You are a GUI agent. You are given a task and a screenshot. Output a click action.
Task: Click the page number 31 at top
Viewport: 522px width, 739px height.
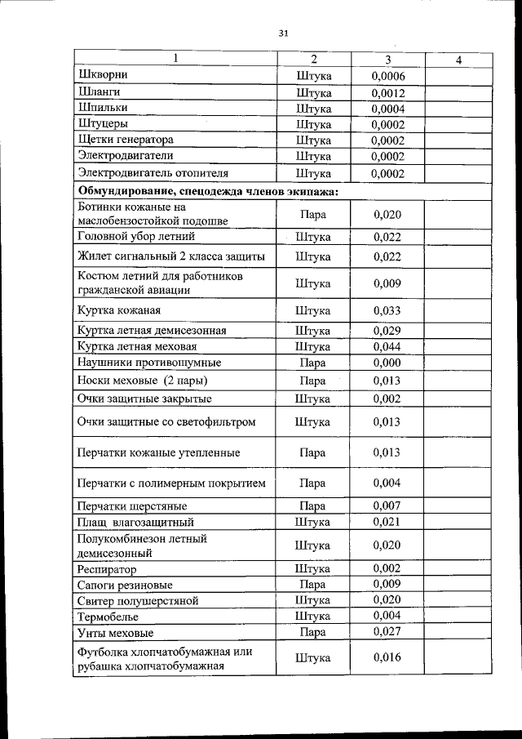click(284, 33)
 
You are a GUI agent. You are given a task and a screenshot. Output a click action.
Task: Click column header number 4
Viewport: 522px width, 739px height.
click(459, 60)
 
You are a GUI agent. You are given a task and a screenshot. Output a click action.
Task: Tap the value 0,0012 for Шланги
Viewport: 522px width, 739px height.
click(387, 92)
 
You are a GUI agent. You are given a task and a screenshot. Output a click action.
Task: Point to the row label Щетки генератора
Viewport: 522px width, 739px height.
click(126, 140)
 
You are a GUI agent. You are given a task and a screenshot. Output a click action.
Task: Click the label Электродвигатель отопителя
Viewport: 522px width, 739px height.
click(153, 173)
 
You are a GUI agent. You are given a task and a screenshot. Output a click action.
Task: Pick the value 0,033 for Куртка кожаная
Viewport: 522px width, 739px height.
click(387, 311)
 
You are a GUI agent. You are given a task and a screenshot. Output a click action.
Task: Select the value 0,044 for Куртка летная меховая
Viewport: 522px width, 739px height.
click(387, 347)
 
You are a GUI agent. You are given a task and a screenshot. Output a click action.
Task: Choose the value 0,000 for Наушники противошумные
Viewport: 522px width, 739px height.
click(387, 362)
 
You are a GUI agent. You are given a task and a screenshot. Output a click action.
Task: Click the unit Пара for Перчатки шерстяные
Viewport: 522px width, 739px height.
click(313, 506)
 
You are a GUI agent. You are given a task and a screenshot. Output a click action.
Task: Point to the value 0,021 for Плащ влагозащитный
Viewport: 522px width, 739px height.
click(387, 521)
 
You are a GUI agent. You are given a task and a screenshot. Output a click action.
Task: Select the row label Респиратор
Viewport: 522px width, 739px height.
click(107, 569)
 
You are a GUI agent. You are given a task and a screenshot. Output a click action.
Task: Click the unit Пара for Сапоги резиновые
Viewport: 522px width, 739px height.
click(313, 585)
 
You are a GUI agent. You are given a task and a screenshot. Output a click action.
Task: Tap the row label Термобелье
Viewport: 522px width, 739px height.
click(108, 617)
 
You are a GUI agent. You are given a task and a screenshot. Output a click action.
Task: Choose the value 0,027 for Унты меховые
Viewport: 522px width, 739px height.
click(387, 631)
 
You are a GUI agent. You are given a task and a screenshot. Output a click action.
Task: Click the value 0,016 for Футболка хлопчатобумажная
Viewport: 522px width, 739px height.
click(387, 657)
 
